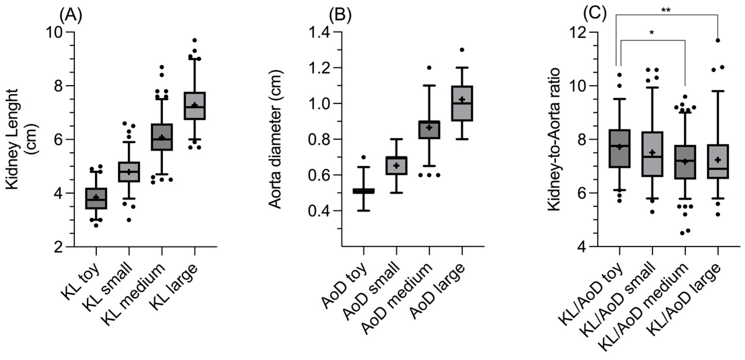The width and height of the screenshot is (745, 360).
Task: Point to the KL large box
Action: pos(195,106)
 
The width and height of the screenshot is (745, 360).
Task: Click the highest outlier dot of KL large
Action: pos(195,40)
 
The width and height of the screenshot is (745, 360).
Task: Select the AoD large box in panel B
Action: pos(462,103)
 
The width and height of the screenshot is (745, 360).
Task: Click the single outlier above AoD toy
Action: pos(364,157)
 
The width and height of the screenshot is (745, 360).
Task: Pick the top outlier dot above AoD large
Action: pos(462,50)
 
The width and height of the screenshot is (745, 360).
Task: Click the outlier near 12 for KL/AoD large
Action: pos(717,40)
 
